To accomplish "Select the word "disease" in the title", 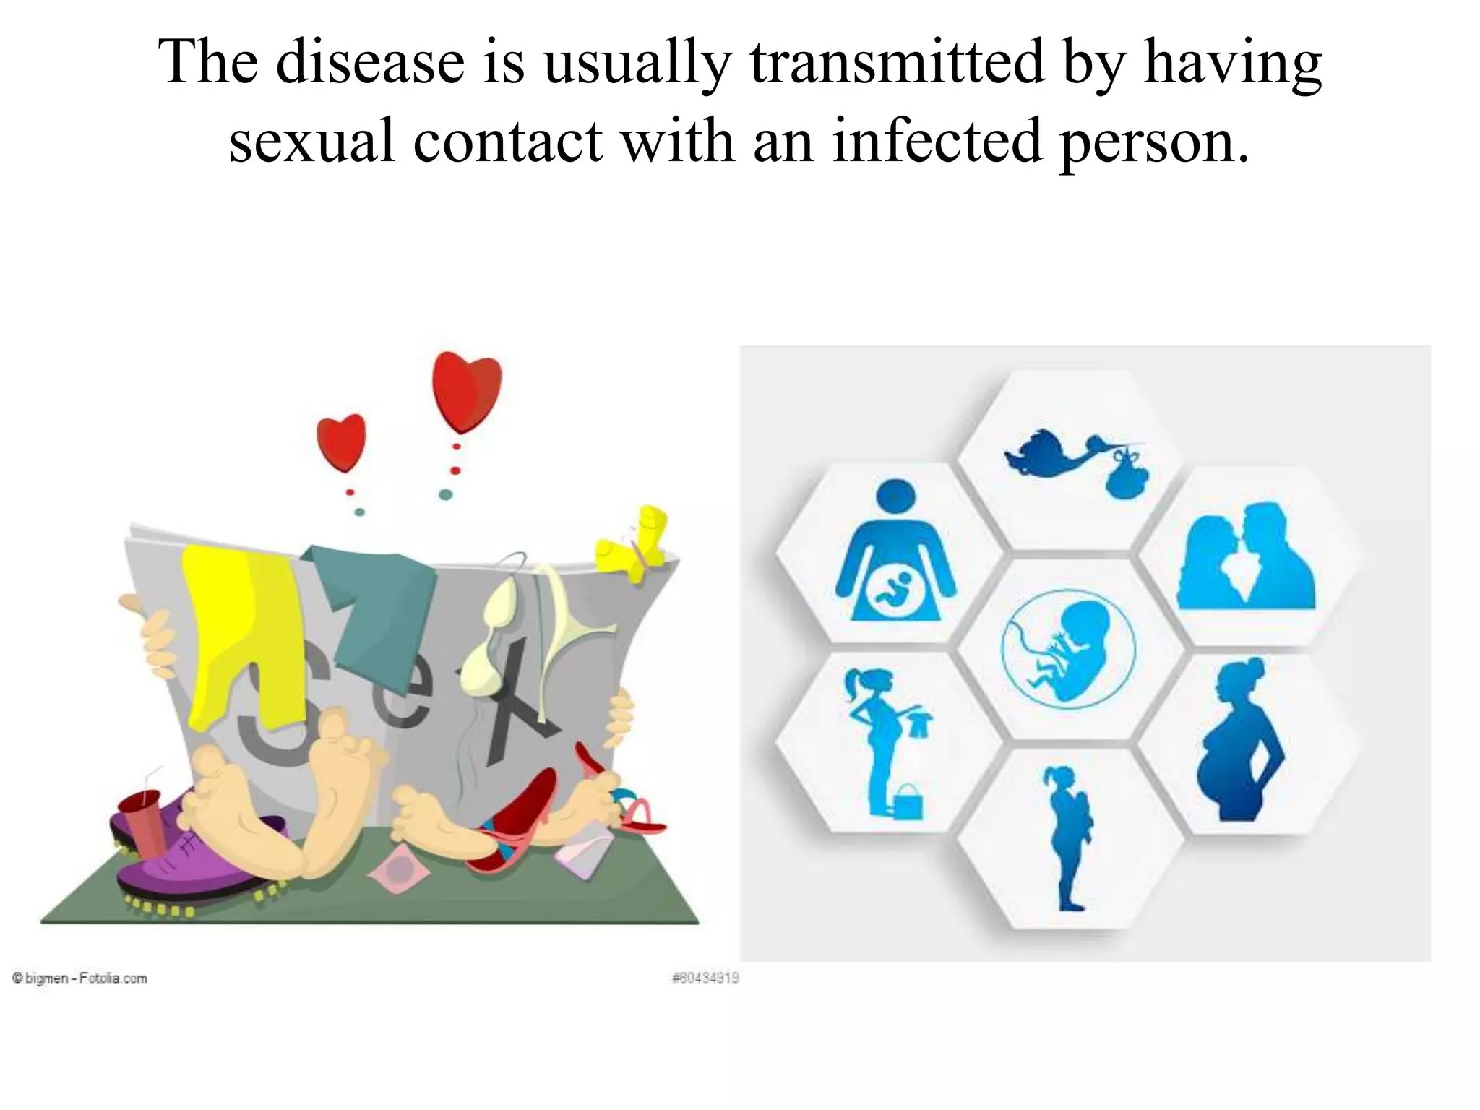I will tap(370, 62).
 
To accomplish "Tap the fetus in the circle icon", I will tap(1068, 650).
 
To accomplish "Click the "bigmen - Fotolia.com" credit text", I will tap(79, 978).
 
